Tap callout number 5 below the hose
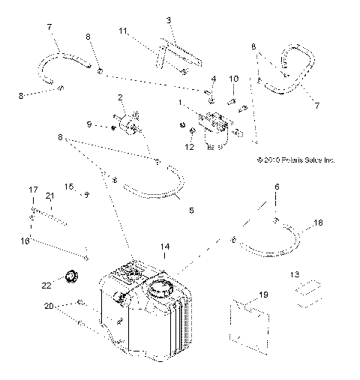point(191,211)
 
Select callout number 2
point(120,98)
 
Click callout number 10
point(233,79)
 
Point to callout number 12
point(189,148)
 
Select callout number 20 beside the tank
point(48,307)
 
